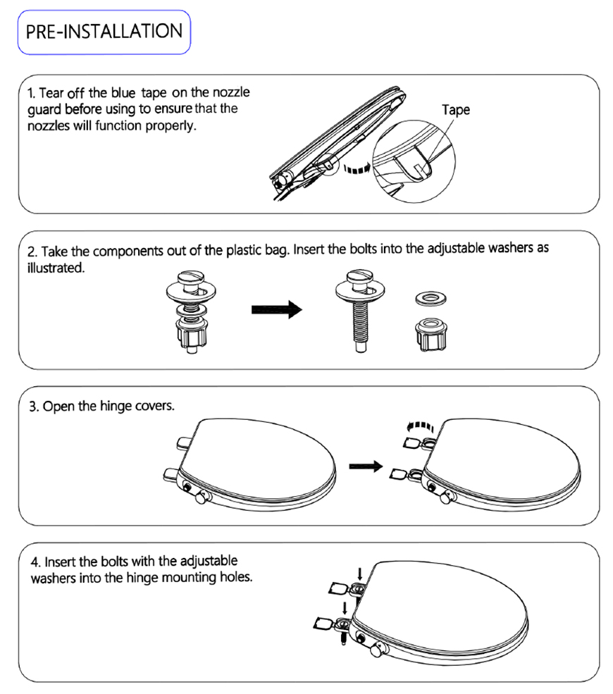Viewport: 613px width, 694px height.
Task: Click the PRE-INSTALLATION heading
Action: point(104,32)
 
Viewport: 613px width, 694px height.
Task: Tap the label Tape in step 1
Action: point(455,110)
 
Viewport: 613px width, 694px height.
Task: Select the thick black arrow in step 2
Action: point(275,311)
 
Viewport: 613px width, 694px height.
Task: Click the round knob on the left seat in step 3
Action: point(203,497)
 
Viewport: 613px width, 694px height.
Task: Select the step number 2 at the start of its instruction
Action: point(31,252)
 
